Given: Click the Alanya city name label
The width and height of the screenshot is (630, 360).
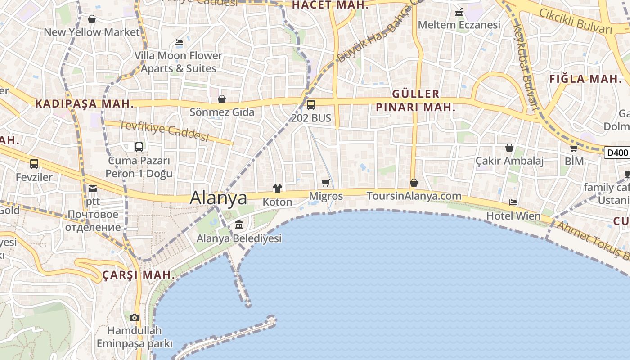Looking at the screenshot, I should coord(219,198).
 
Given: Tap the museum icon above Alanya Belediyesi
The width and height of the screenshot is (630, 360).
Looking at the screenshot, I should coord(239,225).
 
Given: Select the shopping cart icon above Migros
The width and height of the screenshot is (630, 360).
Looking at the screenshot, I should coord(326,183).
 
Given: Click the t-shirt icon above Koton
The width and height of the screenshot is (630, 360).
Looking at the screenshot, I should coord(277,189).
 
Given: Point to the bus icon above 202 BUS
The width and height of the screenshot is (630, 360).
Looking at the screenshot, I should coord(310,105).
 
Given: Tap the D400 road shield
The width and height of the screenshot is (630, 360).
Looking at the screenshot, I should coord(617,153).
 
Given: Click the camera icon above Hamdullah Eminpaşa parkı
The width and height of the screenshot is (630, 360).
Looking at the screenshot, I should coord(134,317).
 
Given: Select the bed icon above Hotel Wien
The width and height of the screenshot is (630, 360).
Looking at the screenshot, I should coord(513,202).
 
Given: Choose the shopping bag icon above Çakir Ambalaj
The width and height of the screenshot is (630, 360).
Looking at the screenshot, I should coord(509,147).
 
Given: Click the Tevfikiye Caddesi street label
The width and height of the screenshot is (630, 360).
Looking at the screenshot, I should coord(164,130).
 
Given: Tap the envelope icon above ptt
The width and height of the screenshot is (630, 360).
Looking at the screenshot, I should coord(92,188).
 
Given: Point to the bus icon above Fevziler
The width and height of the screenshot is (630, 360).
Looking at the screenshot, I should coord(34,164).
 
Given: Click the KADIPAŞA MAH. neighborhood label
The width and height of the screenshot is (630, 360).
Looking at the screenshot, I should coord(85,103).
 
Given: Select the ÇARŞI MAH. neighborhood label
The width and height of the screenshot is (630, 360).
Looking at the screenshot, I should coord(139,275).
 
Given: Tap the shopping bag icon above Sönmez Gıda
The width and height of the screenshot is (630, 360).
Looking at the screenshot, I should coord(221,99).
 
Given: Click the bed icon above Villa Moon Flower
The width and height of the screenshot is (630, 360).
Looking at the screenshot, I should coord(179,42).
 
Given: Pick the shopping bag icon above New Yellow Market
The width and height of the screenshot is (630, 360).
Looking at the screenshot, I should coord(92,19).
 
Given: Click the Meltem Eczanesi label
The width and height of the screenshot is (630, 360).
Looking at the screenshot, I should coord(459,25).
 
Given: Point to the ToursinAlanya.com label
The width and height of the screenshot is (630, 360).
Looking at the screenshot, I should coord(414,196).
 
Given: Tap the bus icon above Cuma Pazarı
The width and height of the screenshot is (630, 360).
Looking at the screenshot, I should coord(139,147).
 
